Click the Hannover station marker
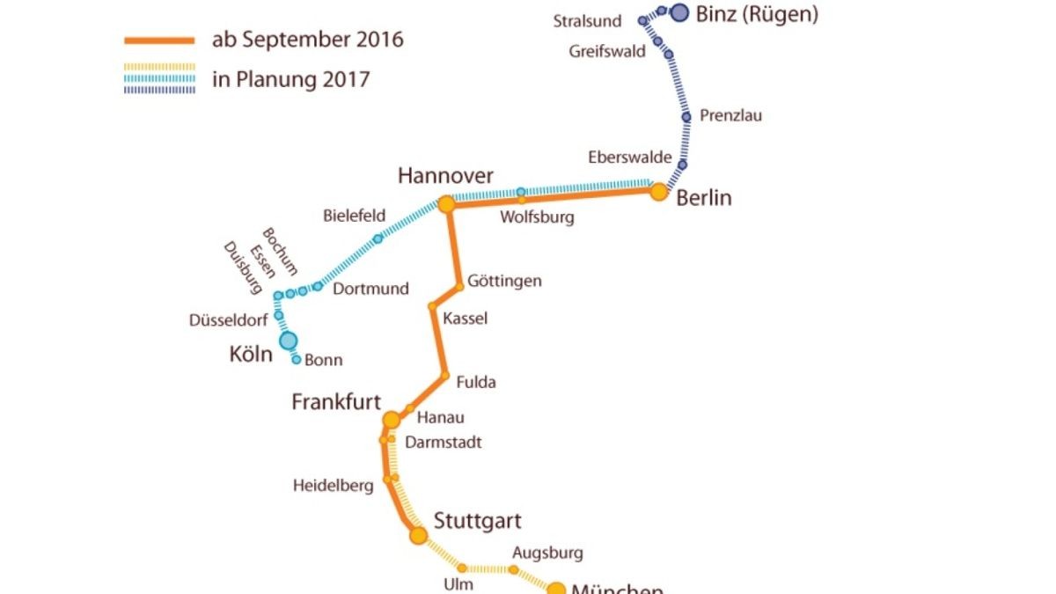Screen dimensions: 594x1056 (446, 205)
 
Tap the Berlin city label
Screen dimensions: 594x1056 (704, 198)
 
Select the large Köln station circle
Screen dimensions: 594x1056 (288, 341)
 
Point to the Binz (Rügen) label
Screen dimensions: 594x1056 (757, 14)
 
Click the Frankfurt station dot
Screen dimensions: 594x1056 (392, 420)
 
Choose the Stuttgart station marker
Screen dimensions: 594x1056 (418, 535)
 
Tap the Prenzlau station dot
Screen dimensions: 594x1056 (686, 117)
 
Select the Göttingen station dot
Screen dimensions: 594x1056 (459, 286)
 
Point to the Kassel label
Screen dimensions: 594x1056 (466, 319)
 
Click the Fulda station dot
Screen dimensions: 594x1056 (444, 375)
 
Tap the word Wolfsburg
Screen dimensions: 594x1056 (536, 217)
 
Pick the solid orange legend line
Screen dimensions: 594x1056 (159, 40)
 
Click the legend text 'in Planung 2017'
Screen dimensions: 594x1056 (290, 79)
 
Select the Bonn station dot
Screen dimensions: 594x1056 (297, 359)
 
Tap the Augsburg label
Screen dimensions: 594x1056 (547, 554)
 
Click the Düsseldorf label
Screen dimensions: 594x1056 (229, 320)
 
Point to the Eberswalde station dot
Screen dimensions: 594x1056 (682, 165)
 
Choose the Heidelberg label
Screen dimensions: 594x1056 (334, 486)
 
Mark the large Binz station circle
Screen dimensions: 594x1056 (679, 12)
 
